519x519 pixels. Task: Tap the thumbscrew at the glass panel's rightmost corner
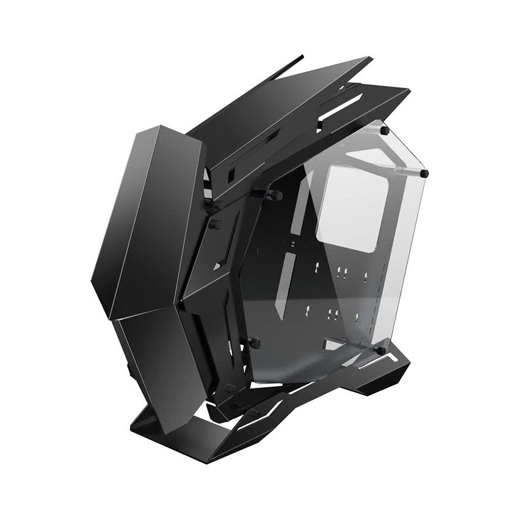coord(424,173)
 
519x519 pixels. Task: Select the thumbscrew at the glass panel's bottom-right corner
coord(380,351)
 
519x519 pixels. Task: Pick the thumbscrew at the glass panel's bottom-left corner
coord(255,343)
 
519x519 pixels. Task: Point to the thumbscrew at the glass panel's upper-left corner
coord(273,195)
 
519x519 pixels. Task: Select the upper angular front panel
coord(147,220)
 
